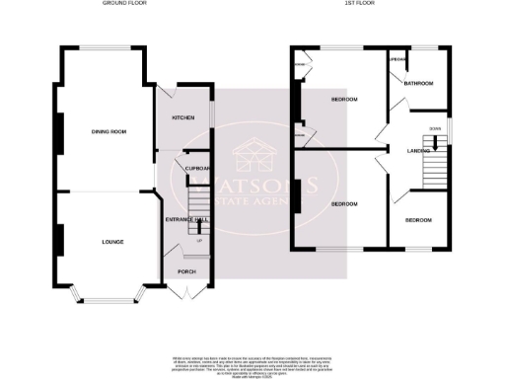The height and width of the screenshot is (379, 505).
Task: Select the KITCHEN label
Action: pos(183,117)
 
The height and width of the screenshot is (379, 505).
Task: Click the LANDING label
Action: pos(419,151)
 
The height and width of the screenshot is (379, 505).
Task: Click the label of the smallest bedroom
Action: pos(419,219)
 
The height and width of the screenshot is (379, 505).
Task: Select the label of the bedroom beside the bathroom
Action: pos(343,101)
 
